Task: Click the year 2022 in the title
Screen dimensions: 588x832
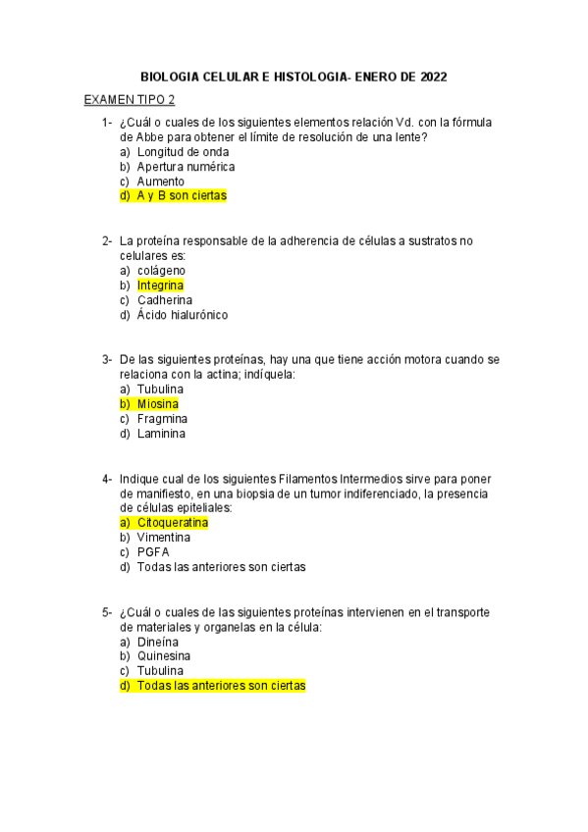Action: [x=432, y=75]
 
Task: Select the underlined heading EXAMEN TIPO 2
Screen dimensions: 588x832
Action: [x=130, y=100]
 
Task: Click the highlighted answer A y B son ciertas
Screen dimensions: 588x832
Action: [x=182, y=196]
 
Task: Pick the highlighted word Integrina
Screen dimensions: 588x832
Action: [x=160, y=286]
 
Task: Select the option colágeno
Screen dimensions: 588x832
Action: [x=161, y=270]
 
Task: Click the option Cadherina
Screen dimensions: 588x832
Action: [x=165, y=300]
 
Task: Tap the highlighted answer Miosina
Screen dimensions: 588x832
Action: [x=158, y=404]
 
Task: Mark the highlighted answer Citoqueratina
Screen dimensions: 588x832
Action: [x=173, y=523]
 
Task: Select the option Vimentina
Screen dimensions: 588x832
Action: [x=164, y=538]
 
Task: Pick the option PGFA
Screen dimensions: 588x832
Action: [x=153, y=552]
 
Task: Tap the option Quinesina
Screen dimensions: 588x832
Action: [x=164, y=656]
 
